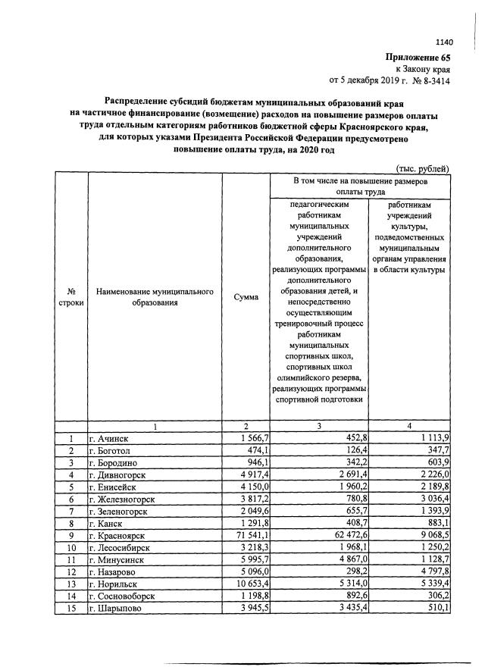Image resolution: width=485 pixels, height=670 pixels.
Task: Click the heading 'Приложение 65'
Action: tap(418, 57)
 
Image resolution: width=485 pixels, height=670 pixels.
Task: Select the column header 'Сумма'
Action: tap(244, 298)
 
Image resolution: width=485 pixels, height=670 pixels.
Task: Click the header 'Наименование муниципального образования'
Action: tap(155, 297)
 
